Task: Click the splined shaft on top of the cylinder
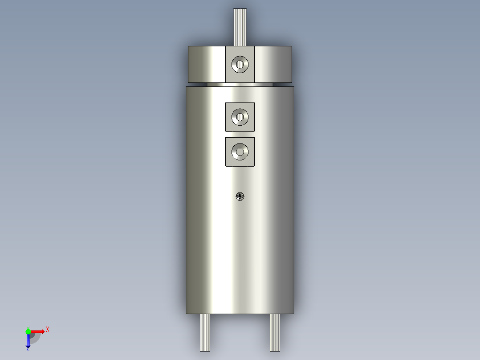click(x=240, y=27)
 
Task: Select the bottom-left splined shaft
click(x=205, y=332)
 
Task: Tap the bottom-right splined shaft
click(x=275, y=332)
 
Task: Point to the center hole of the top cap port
click(x=240, y=65)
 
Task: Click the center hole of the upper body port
click(x=240, y=117)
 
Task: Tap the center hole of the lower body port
click(x=240, y=152)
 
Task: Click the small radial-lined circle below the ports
click(x=240, y=196)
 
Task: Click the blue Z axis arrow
click(x=28, y=341)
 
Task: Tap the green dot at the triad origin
click(x=28, y=331)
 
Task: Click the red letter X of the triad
click(x=48, y=330)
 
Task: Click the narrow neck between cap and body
click(x=240, y=84)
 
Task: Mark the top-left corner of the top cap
click(x=188, y=46)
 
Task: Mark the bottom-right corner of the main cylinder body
click(x=294, y=313)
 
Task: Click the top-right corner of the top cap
click(x=292, y=46)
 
